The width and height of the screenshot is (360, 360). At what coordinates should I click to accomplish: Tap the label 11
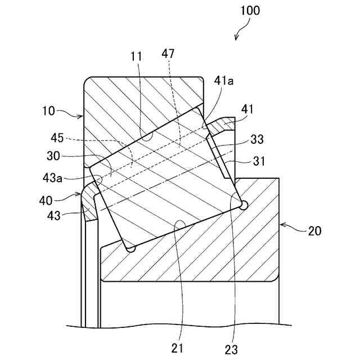tap(136, 56)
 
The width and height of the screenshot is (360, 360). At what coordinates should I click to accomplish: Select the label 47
tap(168, 54)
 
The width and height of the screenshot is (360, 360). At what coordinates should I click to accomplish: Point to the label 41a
tap(224, 82)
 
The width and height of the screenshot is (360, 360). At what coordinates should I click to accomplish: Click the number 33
tap(257, 138)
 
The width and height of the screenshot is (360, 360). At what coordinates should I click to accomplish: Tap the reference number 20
tap(315, 231)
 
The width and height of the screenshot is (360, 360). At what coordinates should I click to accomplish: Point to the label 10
tap(49, 111)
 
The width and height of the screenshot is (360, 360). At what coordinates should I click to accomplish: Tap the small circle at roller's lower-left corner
tap(131, 248)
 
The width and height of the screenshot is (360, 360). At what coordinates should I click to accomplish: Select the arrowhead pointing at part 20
tap(282, 225)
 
